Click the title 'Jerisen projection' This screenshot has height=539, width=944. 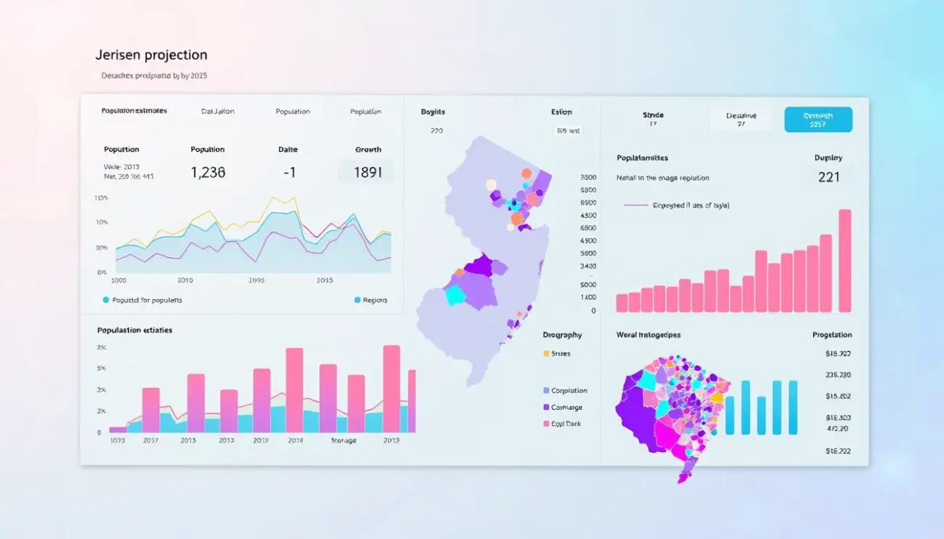click(x=151, y=55)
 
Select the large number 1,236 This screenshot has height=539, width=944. click(x=208, y=173)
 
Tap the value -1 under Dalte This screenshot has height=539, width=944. click(x=288, y=173)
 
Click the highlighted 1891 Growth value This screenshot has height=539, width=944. click(x=367, y=173)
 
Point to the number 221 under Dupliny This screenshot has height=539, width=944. click(x=829, y=177)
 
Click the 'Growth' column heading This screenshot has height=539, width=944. click(x=368, y=149)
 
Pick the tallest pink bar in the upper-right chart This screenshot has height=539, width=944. click(x=845, y=260)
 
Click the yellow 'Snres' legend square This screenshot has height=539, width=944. click(x=546, y=354)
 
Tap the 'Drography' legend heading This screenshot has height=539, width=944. click(x=562, y=335)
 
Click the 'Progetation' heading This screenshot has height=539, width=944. click(x=831, y=335)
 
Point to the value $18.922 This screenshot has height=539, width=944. click(x=837, y=451)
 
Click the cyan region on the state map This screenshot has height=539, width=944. click(x=455, y=295)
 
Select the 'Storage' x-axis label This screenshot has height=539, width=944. click(x=343, y=440)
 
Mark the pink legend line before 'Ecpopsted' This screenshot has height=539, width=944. click(x=635, y=205)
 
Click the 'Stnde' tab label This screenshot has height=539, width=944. click(x=653, y=115)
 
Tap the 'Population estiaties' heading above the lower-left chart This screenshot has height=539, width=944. click(x=135, y=330)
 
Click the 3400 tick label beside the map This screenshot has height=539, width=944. click(x=588, y=267)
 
